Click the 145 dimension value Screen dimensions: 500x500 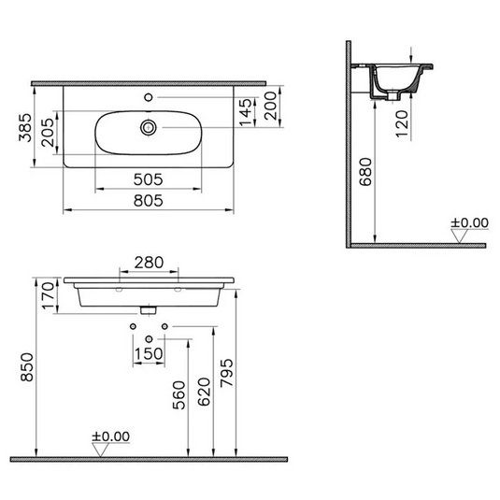point(246,111)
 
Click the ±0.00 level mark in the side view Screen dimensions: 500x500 point(469,223)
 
